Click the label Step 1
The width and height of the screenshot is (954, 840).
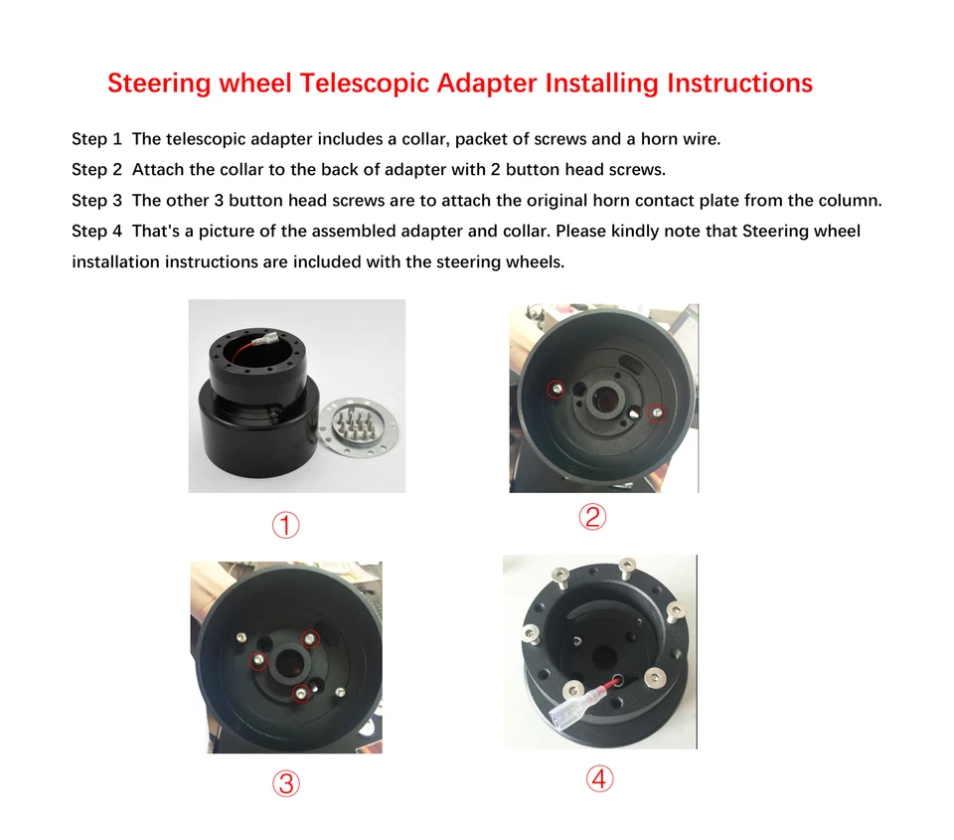pyautogui.click(x=96, y=139)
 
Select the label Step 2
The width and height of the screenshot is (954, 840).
pyautogui.click(x=96, y=170)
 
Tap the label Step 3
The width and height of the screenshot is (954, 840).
pyautogui.click(x=96, y=201)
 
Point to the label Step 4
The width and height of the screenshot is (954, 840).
pyautogui.click(x=96, y=232)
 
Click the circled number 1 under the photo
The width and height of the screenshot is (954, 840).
pyautogui.click(x=286, y=525)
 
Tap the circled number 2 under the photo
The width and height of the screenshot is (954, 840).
pyautogui.click(x=592, y=517)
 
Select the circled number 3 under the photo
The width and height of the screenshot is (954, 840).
pyautogui.click(x=286, y=784)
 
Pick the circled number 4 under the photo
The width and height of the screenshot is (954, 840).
pyautogui.click(x=598, y=778)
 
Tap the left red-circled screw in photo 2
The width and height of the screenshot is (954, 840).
pyautogui.click(x=556, y=388)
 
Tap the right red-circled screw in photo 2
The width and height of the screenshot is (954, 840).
pyautogui.click(x=655, y=412)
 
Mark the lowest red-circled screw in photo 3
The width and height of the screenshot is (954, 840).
pyautogui.click(x=300, y=694)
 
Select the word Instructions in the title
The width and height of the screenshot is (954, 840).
pyautogui.click(x=740, y=83)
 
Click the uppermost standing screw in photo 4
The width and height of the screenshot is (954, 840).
pyautogui.click(x=626, y=568)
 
